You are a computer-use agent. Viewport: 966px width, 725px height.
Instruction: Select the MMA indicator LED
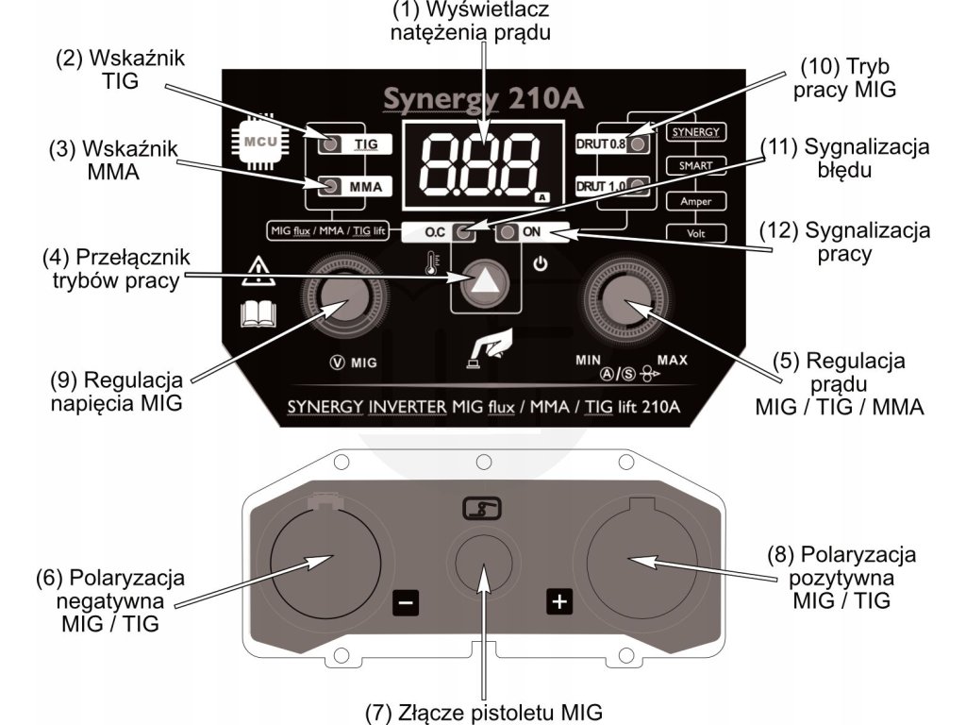tap(330, 186)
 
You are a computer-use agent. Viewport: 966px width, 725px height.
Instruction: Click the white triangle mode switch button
tap(485, 279)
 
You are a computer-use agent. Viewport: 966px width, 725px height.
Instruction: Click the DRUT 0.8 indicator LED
tap(639, 144)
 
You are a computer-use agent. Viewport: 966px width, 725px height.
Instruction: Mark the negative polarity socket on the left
tap(325, 562)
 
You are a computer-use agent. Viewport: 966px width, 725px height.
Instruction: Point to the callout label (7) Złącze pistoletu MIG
tap(483, 711)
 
